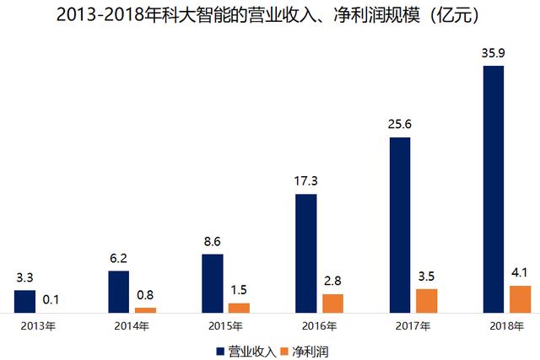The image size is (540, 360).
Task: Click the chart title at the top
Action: pos(269,15)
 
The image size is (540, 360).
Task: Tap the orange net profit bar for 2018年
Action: pos(521,299)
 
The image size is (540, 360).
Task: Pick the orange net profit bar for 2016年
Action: pos(333,304)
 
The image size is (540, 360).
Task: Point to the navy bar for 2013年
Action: pos(24,302)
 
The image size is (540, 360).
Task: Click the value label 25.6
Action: pos(399,126)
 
